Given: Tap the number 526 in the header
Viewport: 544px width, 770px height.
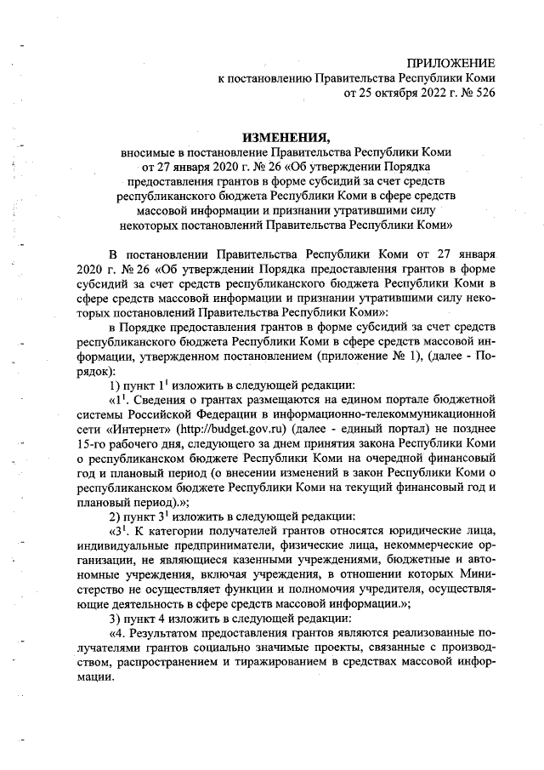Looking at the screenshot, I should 480,94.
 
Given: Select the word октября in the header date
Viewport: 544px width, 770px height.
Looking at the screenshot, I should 391,94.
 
